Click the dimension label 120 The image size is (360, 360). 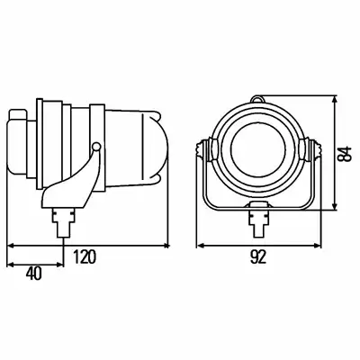(85, 256)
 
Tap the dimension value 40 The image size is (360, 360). (34, 274)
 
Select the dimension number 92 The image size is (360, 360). (258, 256)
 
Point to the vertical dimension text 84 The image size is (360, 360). (346, 154)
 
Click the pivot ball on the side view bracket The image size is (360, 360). (96, 147)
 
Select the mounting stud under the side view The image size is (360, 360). (63, 222)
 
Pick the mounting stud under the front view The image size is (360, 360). (258, 222)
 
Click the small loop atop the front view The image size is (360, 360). (257, 99)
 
